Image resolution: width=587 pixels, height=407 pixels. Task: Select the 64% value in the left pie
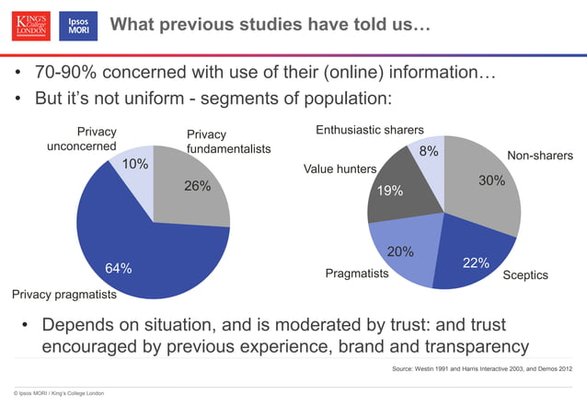118,268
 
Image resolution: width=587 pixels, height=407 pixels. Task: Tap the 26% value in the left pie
197,186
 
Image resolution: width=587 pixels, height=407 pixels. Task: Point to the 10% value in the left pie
135,165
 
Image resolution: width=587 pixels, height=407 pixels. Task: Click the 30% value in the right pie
491,181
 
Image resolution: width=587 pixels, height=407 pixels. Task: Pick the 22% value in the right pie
475,263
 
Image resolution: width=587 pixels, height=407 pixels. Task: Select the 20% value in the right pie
399,251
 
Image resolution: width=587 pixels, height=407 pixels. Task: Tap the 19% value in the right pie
389,191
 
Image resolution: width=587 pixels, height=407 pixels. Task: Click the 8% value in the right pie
429,151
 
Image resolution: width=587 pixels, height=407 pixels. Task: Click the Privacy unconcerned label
82,139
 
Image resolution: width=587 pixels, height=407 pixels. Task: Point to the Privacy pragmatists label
63,296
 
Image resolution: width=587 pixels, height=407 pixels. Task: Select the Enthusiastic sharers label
370,130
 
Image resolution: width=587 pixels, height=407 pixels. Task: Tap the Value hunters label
340,169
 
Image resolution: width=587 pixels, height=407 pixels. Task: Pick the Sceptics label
524,275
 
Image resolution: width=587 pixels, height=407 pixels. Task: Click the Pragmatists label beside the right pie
356,274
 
